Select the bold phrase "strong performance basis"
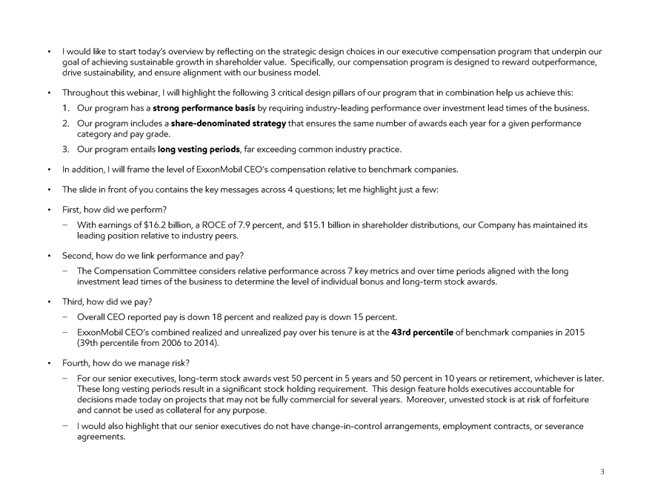[203, 108]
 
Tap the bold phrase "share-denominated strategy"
[228, 122]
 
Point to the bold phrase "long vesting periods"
[199, 150]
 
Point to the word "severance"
[562, 426]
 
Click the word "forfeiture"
[582, 399]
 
